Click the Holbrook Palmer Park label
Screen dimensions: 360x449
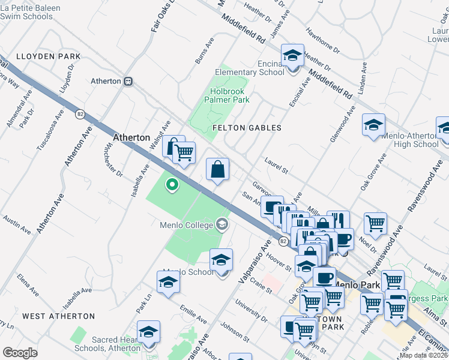[229, 96]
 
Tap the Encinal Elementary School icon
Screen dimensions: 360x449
[292, 56]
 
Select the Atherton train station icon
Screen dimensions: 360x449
[127, 81]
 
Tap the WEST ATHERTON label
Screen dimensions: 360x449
[58, 316]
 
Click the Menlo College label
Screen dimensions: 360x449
[187, 225]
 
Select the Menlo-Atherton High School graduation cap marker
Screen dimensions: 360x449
[373, 126]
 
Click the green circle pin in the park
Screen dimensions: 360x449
[172, 185]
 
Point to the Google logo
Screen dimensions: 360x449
[20, 352]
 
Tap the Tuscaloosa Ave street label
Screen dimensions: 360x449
[50, 131]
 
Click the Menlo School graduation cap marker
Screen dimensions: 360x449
[221, 260]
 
